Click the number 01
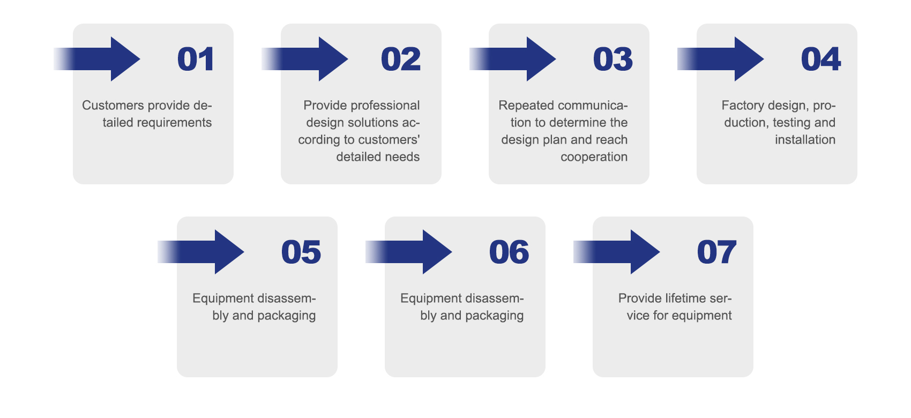[196, 59]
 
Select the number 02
[400, 59]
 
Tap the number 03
[613, 59]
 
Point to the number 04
[820, 59]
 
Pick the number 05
[301, 252]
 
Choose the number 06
[509, 252]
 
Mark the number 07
[716, 252]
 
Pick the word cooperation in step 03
[594, 156]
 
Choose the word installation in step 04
[805, 139]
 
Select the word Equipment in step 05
[222, 298]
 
